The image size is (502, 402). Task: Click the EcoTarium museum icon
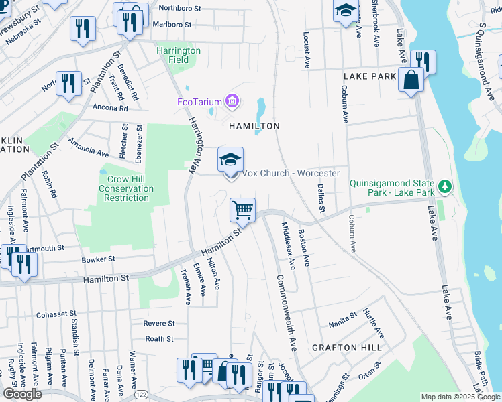click(x=232, y=102)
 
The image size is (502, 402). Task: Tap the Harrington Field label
click(x=178, y=55)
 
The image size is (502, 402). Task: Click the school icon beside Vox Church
click(x=230, y=159)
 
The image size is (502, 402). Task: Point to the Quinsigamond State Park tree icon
click(x=443, y=184)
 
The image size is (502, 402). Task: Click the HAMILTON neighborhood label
click(x=254, y=126)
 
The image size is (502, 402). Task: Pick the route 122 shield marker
click(x=140, y=395)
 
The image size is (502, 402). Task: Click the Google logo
click(x=22, y=394)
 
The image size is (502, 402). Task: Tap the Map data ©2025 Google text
click(x=460, y=397)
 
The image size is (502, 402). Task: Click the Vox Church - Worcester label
click(x=291, y=174)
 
